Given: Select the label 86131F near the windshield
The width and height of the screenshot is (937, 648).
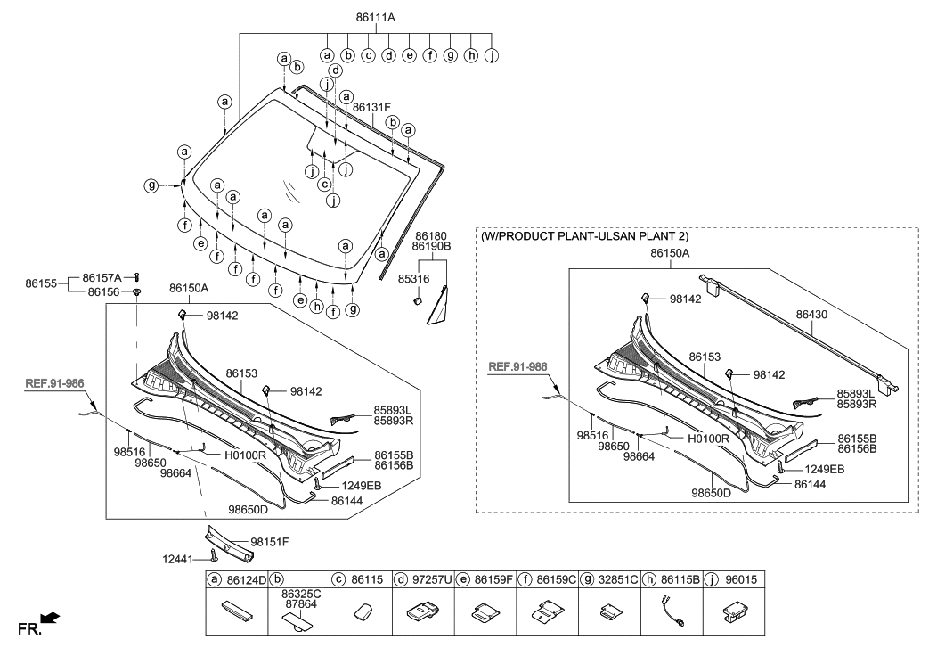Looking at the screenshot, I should [x=371, y=107].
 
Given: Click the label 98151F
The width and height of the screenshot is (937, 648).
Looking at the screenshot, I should [x=270, y=541].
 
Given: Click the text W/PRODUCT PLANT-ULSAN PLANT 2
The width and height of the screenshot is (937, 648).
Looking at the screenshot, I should [x=584, y=237].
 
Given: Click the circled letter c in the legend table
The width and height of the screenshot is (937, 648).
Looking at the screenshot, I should [x=339, y=580].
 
